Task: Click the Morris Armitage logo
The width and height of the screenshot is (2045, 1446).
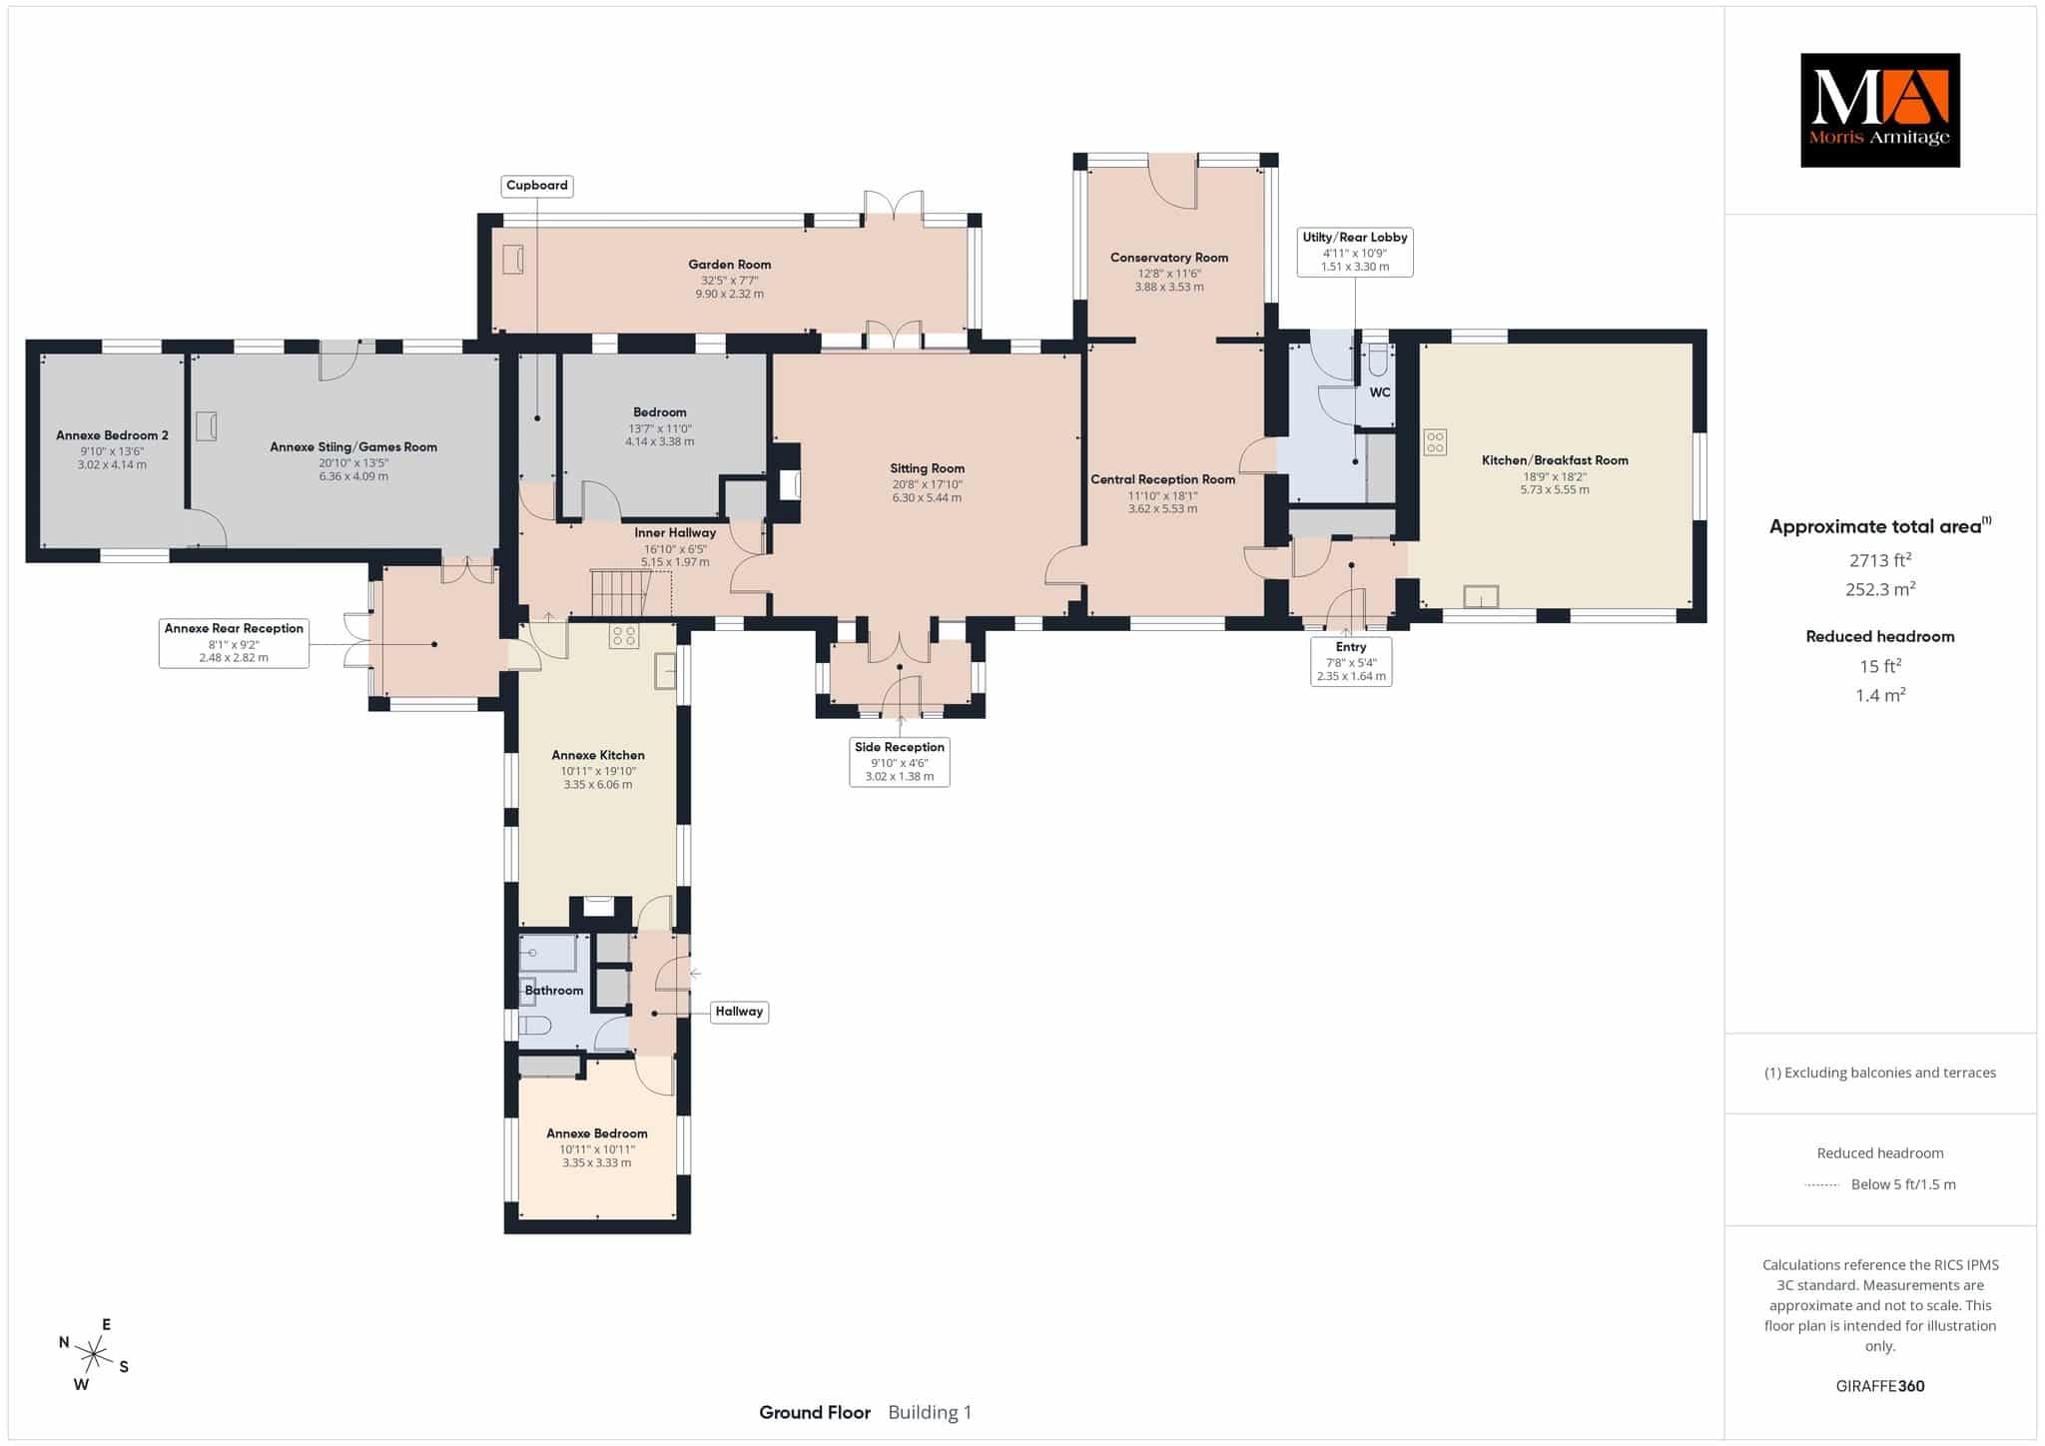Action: point(1879,110)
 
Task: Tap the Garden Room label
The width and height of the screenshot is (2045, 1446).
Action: point(729,265)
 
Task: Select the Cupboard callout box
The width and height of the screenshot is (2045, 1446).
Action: point(537,186)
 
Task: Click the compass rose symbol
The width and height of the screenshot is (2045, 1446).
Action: point(94,1355)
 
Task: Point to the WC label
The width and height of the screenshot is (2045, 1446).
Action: point(1380,392)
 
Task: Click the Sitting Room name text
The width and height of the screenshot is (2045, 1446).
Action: point(928,468)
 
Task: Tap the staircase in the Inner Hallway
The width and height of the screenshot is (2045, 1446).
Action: point(620,593)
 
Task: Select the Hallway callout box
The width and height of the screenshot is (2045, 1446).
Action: point(739,1012)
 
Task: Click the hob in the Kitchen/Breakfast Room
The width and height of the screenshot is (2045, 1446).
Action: point(1435,441)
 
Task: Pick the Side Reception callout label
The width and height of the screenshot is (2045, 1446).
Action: point(900,762)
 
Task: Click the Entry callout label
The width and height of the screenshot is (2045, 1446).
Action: point(1351,661)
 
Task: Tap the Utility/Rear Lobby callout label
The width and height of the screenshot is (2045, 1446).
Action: point(1355,252)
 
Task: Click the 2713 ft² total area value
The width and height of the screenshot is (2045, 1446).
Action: point(1879,559)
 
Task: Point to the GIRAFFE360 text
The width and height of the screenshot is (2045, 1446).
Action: point(1880,1386)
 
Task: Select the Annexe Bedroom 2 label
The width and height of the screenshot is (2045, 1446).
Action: point(112,435)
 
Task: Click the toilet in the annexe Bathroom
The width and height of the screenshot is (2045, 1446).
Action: point(536,1026)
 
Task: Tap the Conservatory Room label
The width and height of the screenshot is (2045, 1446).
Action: point(1169,258)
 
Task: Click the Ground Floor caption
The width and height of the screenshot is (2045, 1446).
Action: point(815,1412)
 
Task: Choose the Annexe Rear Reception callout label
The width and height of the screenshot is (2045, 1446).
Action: point(234,643)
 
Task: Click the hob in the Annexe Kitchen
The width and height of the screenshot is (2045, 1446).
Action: point(625,636)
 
